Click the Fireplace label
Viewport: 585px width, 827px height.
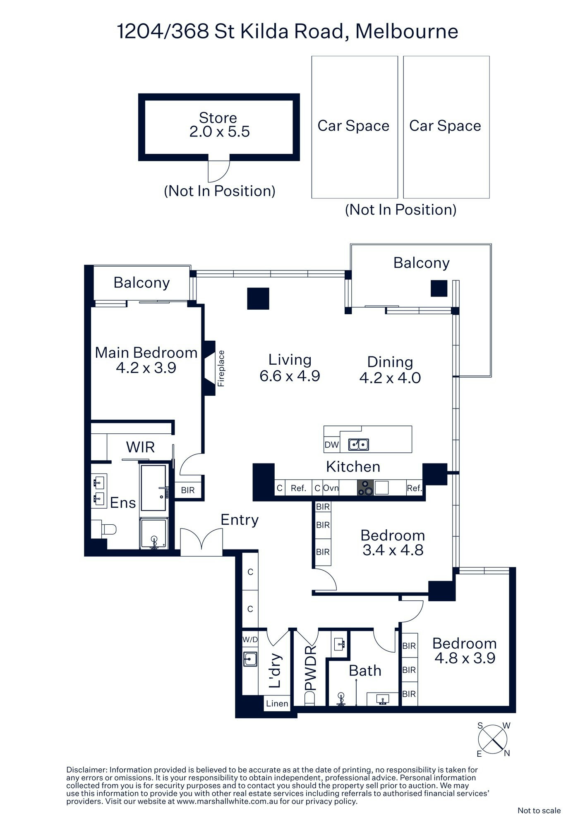[x=221, y=368]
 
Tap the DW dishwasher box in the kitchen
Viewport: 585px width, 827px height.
[x=332, y=445]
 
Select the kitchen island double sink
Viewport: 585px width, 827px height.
[x=359, y=444]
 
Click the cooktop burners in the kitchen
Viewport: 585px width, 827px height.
[x=365, y=488]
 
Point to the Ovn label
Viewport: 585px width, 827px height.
[x=331, y=488]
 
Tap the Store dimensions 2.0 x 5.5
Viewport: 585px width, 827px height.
[x=219, y=131]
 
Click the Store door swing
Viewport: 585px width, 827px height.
[x=218, y=170]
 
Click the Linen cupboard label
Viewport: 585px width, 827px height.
[x=277, y=703]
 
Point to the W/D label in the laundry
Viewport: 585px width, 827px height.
[x=250, y=640]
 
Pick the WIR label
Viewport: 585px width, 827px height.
[x=140, y=447]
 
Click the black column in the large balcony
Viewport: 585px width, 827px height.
[x=439, y=288]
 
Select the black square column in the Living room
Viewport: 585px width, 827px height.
[x=258, y=299]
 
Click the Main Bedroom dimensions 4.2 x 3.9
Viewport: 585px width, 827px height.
[x=146, y=368]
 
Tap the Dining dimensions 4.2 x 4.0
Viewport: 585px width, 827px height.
[x=390, y=378]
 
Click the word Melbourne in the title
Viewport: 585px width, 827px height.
[x=407, y=31]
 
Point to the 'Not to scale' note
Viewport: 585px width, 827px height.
[x=539, y=810]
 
